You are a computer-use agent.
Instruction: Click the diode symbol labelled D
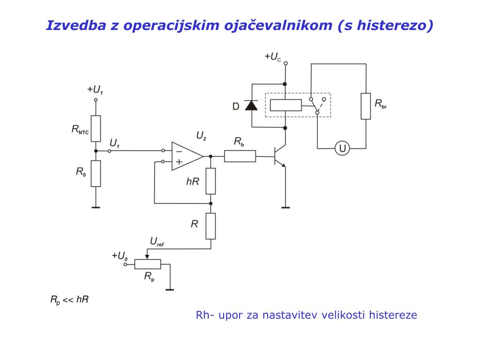tap(252, 105)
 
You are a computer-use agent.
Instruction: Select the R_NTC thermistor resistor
tap(96, 128)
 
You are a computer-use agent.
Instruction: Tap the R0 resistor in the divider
tap(96, 173)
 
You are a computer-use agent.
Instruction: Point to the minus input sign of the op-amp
tap(179, 151)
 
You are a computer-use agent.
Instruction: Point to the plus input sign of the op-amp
tap(179, 162)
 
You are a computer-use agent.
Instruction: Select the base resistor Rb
tap(240, 156)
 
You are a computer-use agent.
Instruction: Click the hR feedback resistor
tap(210, 181)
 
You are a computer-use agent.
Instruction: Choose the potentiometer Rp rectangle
tap(148, 264)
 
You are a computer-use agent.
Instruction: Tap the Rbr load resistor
tap(366, 106)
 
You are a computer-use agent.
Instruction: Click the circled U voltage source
tap(342, 149)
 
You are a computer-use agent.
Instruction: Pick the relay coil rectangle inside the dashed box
tap(286, 105)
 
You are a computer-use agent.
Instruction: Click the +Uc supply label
tap(272, 57)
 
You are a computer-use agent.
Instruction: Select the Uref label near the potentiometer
tap(157, 242)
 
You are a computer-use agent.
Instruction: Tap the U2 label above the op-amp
tap(201, 136)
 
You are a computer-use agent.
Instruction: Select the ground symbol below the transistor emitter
tap(285, 207)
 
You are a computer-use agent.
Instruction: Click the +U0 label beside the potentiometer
tap(120, 256)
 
